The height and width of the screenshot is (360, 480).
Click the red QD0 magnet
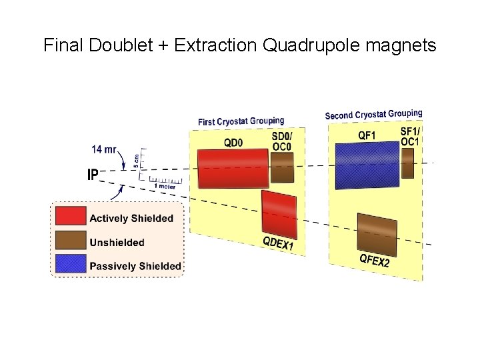232,169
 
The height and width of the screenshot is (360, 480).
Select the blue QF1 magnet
365,164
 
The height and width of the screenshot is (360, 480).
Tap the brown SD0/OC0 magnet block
282,167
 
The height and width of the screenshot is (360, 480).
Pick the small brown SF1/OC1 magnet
407,163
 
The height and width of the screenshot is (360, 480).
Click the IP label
93,175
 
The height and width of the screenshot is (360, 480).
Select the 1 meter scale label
167,187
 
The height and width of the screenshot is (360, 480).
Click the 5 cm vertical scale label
137,160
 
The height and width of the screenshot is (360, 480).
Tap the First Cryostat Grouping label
241,121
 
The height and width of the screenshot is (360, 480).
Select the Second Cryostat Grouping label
373,115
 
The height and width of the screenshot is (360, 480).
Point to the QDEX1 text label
278,244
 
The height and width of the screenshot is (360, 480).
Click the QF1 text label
367,136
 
